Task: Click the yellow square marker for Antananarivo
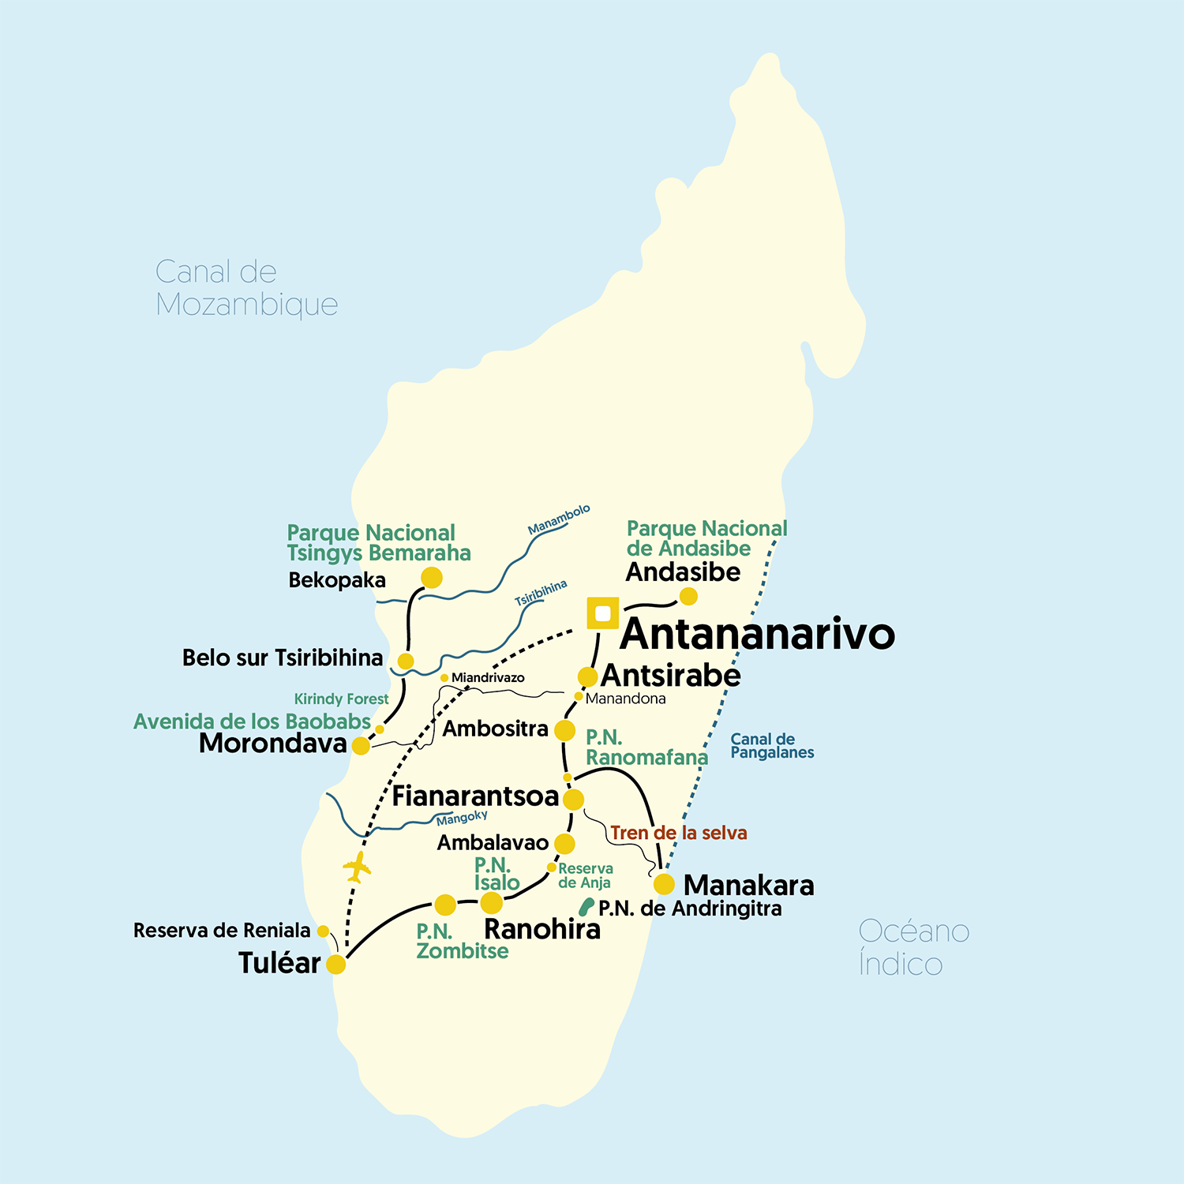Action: coord(603,613)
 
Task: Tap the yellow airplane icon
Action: coord(357,867)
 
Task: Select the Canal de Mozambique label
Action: coord(246,288)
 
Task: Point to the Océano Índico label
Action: coord(913,947)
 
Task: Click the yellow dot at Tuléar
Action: coord(336,964)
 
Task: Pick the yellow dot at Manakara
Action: coord(664,883)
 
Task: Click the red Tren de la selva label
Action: coord(678,833)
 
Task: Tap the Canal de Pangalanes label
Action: coord(771,746)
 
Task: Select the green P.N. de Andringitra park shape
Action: coord(586,907)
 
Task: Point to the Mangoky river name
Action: coord(462,818)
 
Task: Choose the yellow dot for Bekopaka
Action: coord(431,578)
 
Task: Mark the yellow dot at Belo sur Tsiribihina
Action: coord(405,661)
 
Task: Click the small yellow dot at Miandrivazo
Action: coord(444,678)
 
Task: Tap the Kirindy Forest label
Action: coord(341,699)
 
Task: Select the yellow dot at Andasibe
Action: coord(688,597)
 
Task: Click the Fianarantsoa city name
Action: coord(475,796)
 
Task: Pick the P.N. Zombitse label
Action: coord(462,941)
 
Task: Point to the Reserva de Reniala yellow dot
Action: coord(323,931)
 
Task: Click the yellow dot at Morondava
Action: coord(361,745)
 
